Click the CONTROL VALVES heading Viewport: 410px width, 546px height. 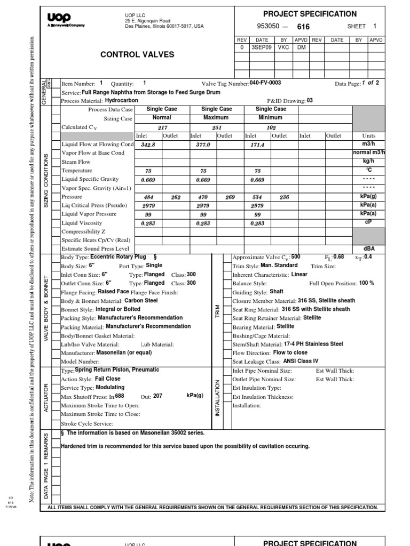click(x=137, y=54)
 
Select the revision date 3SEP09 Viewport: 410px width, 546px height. click(x=262, y=47)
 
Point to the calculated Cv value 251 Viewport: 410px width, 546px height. click(x=216, y=127)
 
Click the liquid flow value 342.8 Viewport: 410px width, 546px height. click(x=147, y=144)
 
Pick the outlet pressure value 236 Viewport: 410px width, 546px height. click(x=284, y=197)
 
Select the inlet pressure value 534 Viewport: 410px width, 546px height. click(x=257, y=197)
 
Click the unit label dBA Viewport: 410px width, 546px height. click(x=369, y=248)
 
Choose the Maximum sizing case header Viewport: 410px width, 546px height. click(x=216, y=118)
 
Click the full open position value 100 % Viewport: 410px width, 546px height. click(x=367, y=283)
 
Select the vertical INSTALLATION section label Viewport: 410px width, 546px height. click(x=217, y=398)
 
